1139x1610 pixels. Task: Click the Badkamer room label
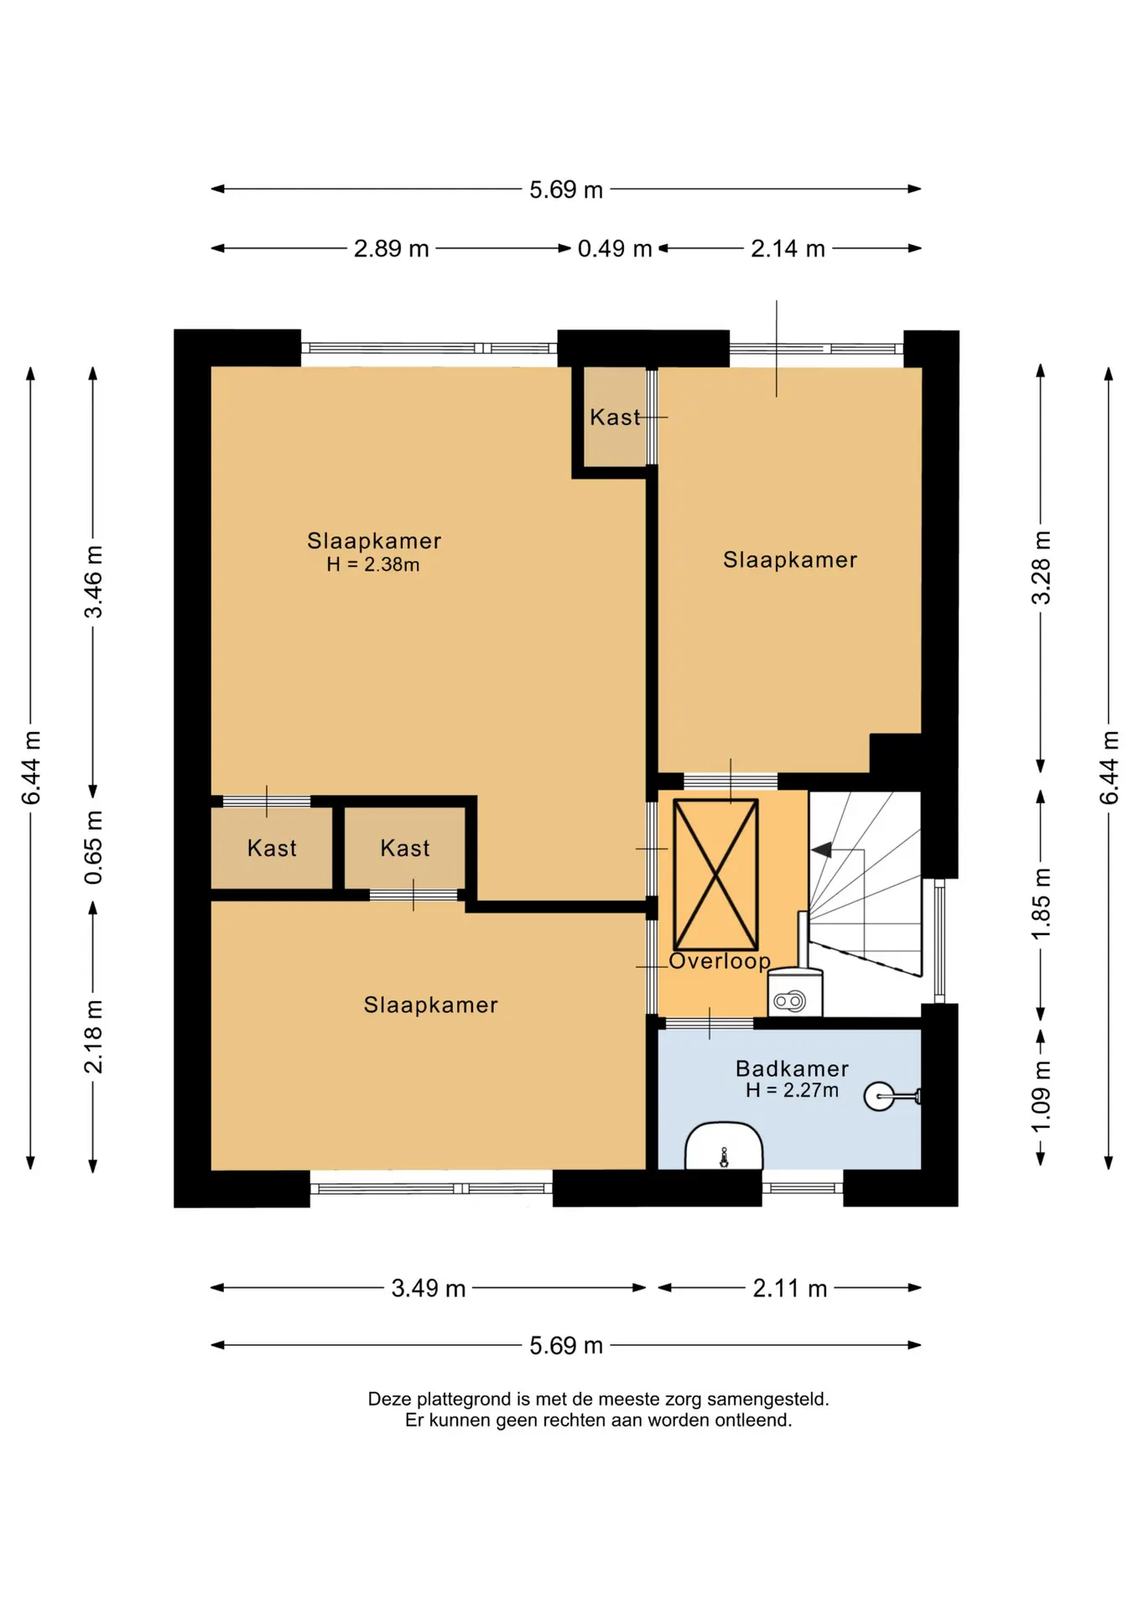point(792,1068)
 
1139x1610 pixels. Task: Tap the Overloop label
point(720,961)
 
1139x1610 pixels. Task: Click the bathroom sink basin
point(724,1145)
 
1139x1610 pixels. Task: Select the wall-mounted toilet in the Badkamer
point(892,1096)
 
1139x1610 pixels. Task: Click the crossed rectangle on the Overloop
point(715,875)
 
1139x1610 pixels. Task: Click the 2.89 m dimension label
point(391,249)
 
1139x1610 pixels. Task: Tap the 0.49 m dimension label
point(615,249)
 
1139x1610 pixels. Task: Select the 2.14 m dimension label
point(788,249)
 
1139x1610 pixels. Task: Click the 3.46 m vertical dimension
point(93,582)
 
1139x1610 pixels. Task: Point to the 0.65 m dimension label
point(93,848)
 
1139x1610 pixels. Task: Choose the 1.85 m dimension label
point(1040,905)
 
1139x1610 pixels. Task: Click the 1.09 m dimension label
point(1040,1097)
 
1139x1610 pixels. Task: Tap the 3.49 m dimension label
point(428,1288)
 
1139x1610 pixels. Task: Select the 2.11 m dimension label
point(789,1288)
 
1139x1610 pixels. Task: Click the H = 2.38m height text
point(373,564)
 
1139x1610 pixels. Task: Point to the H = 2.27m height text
point(792,1090)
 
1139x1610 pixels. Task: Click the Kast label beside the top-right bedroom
point(615,417)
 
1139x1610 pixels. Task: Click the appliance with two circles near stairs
point(795,993)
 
